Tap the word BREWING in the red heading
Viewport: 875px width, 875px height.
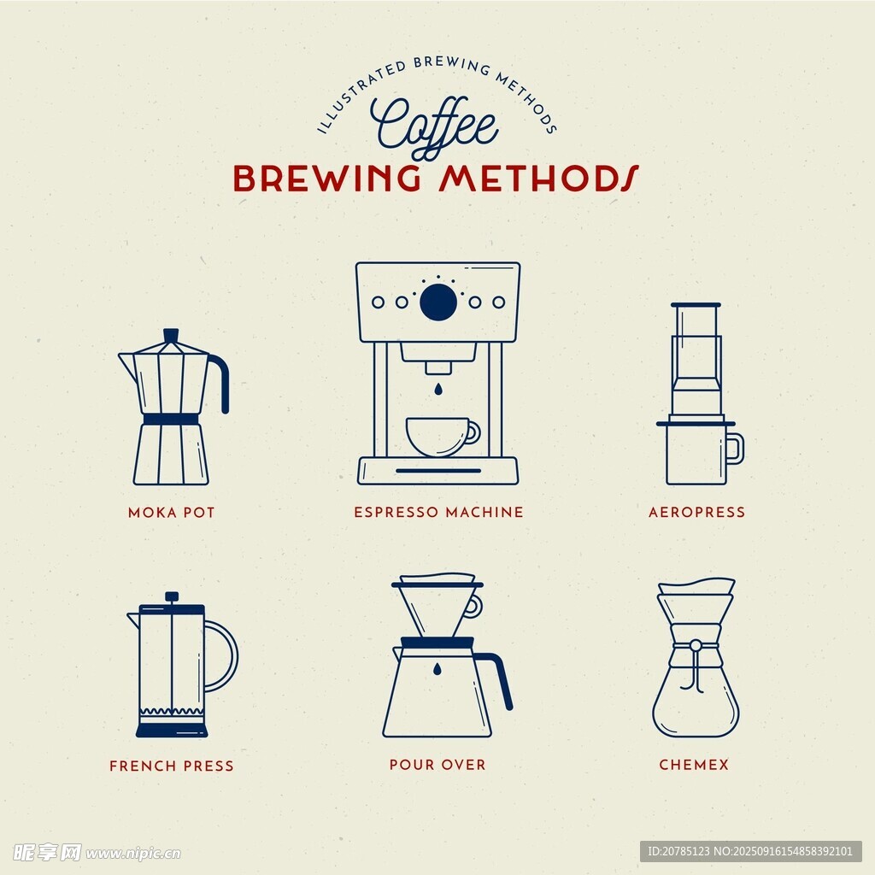(327, 179)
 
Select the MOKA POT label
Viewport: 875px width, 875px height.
(171, 513)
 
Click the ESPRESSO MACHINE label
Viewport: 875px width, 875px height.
(438, 512)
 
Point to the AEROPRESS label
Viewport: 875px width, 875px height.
(697, 512)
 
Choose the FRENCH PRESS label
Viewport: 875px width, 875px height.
(171, 766)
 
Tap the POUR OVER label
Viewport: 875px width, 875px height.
(437, 765)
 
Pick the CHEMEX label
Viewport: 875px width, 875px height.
(694, 765)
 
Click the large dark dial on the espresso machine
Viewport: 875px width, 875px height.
(438, 302)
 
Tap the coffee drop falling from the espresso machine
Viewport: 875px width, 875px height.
(438, 389)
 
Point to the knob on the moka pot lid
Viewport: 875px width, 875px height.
(171, 335)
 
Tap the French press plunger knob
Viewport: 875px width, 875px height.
(172, 596)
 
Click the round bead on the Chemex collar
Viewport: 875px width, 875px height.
(696, 646)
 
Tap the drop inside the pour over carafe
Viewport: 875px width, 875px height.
(437, 668)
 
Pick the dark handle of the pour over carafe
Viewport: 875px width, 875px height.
(498, 678)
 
